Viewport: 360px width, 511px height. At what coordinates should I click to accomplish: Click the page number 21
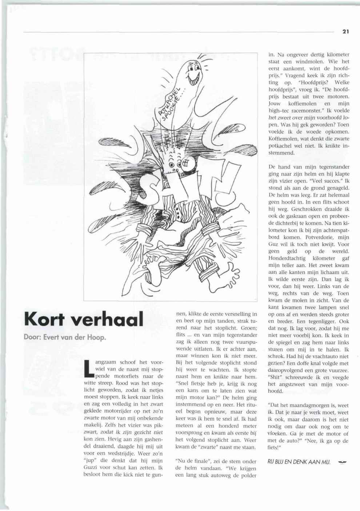click(345, 31)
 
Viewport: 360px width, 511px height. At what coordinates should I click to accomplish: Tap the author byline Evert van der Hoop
click(65, 337)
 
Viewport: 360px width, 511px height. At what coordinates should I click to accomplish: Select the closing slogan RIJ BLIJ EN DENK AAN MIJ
click(299, 462)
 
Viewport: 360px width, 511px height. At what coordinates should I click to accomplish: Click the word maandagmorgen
click(311, 405)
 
